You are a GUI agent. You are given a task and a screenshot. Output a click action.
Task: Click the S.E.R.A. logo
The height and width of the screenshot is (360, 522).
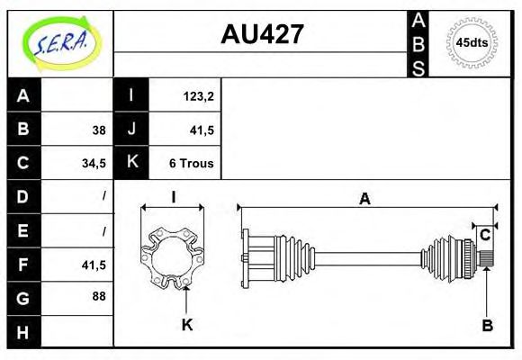(59, 41)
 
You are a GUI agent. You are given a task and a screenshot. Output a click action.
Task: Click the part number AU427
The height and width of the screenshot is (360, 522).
(262, 34)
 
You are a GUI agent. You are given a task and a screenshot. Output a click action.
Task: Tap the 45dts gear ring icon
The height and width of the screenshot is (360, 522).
(472, 42)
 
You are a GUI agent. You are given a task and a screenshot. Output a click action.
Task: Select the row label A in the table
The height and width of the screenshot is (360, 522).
(23, 95)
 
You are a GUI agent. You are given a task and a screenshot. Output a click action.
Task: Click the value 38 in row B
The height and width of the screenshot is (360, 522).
(98, 130)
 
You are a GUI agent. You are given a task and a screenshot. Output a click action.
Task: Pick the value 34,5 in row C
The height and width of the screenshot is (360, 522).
(94, 164)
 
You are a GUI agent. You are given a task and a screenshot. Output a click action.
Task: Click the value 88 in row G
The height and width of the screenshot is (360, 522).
(98, 297)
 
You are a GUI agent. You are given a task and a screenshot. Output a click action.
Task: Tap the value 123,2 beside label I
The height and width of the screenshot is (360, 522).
(196, 95)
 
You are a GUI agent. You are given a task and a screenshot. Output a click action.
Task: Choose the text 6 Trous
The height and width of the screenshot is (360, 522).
(191, 164)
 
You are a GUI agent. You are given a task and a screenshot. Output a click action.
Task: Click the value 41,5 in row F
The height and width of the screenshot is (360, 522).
(94, 265)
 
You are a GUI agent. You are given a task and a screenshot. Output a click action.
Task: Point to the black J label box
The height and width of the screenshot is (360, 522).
(131, 130)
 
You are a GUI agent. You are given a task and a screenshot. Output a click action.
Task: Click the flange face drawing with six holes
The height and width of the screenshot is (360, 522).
(172, 253)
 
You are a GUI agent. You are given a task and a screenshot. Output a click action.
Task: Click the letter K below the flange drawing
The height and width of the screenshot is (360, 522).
(187, 325)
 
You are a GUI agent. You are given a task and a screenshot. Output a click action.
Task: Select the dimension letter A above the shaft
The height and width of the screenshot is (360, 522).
(364, 200)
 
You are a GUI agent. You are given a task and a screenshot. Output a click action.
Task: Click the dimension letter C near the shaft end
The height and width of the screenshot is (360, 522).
(484, 236)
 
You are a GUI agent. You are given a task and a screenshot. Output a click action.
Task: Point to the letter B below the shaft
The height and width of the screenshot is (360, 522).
(487, 325)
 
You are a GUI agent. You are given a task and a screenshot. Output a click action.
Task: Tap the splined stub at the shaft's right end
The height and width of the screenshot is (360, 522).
(487, 259)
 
